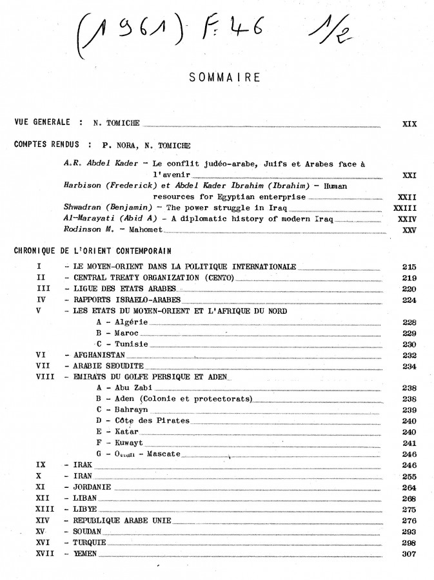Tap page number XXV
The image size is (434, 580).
click(409, 229)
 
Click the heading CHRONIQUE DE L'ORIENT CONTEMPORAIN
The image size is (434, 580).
click(92, 250)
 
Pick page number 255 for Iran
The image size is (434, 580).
click(409, 476)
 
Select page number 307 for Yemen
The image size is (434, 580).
click(409, 554)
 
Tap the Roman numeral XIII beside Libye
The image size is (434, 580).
click(45, 509)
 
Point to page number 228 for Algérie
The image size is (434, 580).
click(409, 322)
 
